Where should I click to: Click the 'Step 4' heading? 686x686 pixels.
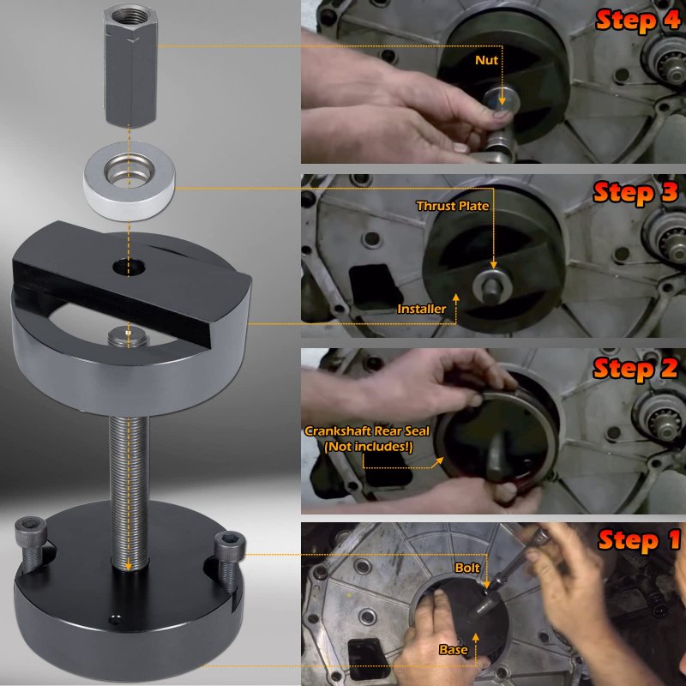[x=637, y=20]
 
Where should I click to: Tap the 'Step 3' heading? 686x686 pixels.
[x=635, y=193]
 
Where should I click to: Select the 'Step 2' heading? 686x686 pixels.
[x=635, y=369]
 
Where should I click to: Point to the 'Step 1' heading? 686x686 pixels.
[x=639, y=540]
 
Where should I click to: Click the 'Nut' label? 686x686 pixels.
[x=486, y=60]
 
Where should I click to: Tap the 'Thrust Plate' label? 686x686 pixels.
[x=453, y=206]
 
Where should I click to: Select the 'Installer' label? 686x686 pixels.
[x=422, y=309]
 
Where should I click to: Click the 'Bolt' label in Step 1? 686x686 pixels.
[x=467, y=568]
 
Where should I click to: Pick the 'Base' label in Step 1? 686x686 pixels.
[x=454, y=650]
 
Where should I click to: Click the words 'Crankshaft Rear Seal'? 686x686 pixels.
[x=367, y=431]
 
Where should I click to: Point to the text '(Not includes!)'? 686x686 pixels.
[x=369, y=447]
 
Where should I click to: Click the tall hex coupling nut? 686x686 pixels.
[x=130, y=66]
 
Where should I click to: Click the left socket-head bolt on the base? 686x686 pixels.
[x=31, y=543]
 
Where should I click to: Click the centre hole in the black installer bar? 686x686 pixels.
[x=129, y=267]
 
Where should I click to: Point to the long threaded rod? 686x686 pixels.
[x=129, y=492]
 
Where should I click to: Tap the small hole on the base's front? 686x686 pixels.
[x=115, y=619]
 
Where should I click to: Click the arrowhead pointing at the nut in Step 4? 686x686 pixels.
[x=502, y=101]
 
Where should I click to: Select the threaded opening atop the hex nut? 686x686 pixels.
[x=130, y=16]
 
